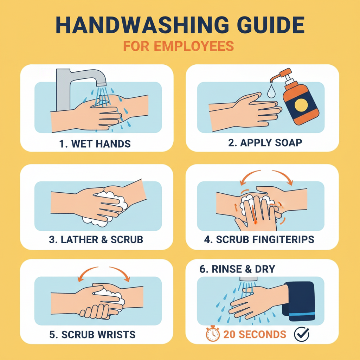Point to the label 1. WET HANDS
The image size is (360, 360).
click(x=95, y=144)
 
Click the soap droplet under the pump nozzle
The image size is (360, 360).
click(x=271, y=91)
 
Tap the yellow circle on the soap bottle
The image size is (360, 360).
click(x=301, y=105)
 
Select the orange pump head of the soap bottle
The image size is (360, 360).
click(x=282, y=75)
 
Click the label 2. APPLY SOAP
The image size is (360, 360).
click(x=265, y=143)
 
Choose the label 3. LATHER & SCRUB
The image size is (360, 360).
click(x=96, y=239)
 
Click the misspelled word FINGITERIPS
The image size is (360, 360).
click(x=283, y=239)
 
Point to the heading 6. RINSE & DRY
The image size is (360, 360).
click(x=237, y=269)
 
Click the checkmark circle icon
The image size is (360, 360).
click(x=301, y=334)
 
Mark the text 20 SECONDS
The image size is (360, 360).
click(x=255, y=335)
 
